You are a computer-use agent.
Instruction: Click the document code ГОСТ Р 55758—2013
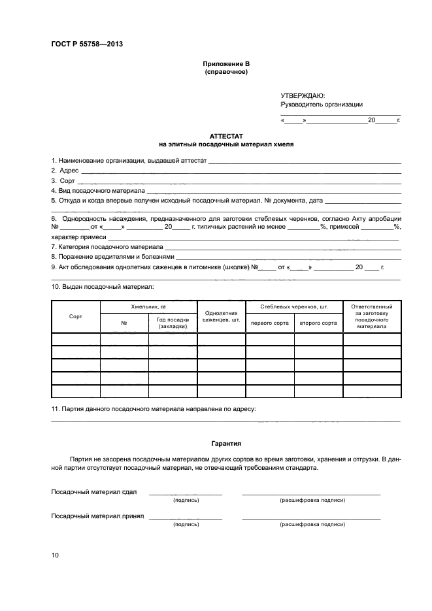coord(87,44)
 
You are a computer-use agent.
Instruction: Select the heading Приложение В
coord(226,64)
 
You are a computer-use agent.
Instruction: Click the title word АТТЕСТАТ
coord(226,135)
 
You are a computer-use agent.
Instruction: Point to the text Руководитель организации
coord(321,105)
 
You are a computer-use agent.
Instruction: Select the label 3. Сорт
coord(63,180)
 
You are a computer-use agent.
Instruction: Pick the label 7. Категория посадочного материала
coord(107,247)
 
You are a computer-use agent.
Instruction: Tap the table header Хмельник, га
coord(148,306)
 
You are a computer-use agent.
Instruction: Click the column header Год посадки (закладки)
coord(173,322)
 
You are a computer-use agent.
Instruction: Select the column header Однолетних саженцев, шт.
coord(222,316)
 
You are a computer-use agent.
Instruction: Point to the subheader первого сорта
coord(269,323)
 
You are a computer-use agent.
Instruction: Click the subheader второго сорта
coord(318,323)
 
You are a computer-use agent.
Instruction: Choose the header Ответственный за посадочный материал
coord(371,316)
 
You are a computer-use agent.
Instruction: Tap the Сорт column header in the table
coord(75,316)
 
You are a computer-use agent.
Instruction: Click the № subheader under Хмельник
coord(124,323)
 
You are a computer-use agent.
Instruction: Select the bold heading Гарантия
coord(226,442)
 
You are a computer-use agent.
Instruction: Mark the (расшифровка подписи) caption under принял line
coord(311,524)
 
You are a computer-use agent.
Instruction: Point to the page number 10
coord(55,555)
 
